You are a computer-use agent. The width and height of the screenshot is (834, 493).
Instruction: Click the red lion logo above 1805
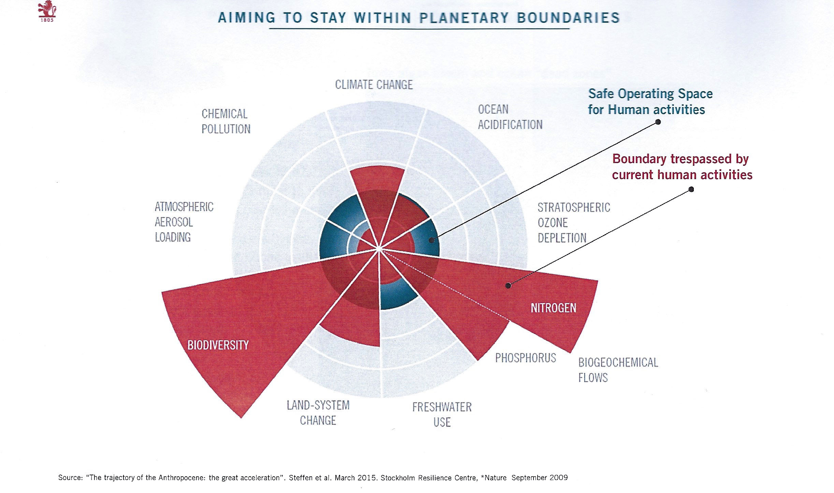47,9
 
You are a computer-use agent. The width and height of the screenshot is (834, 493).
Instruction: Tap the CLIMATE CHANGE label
374,85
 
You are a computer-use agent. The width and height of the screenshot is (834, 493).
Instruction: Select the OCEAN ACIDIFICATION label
510,117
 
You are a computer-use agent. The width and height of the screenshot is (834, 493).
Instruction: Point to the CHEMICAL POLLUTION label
226,121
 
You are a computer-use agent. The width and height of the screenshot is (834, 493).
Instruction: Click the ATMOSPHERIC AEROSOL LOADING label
184,222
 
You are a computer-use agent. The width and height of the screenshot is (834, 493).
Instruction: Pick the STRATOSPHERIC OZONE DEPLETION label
574,223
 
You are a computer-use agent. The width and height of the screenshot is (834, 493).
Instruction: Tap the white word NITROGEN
553,308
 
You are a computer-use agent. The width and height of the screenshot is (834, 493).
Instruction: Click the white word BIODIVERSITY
218,345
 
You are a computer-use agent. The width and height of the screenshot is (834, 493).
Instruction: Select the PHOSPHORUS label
525,358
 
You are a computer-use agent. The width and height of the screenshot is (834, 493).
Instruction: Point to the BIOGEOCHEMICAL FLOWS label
618,370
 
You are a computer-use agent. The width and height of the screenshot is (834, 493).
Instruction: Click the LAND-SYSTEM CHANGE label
318,413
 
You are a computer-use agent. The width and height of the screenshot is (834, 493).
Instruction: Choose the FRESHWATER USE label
442,415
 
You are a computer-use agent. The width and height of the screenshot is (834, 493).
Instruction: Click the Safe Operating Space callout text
650,102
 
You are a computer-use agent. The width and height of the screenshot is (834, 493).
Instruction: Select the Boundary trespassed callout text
682,167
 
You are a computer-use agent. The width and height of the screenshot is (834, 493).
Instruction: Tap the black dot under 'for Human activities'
658,122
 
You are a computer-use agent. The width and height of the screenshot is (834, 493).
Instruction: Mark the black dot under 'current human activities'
691,189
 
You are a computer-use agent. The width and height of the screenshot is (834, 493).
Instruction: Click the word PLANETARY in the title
464,18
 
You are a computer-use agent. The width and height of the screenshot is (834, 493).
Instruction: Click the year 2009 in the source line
558,478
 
